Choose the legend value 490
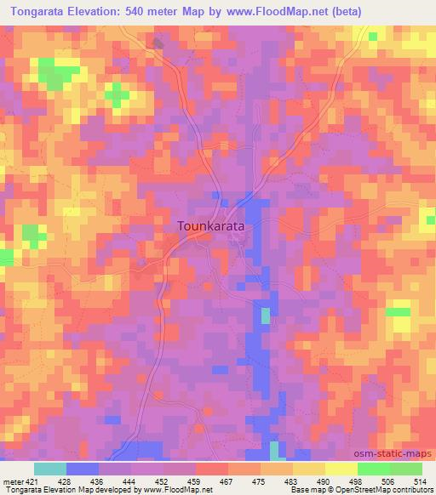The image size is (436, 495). (324, 481)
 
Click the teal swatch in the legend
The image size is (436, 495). (49, 469)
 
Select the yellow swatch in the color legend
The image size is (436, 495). (341, 469)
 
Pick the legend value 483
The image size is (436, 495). (292, 481)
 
